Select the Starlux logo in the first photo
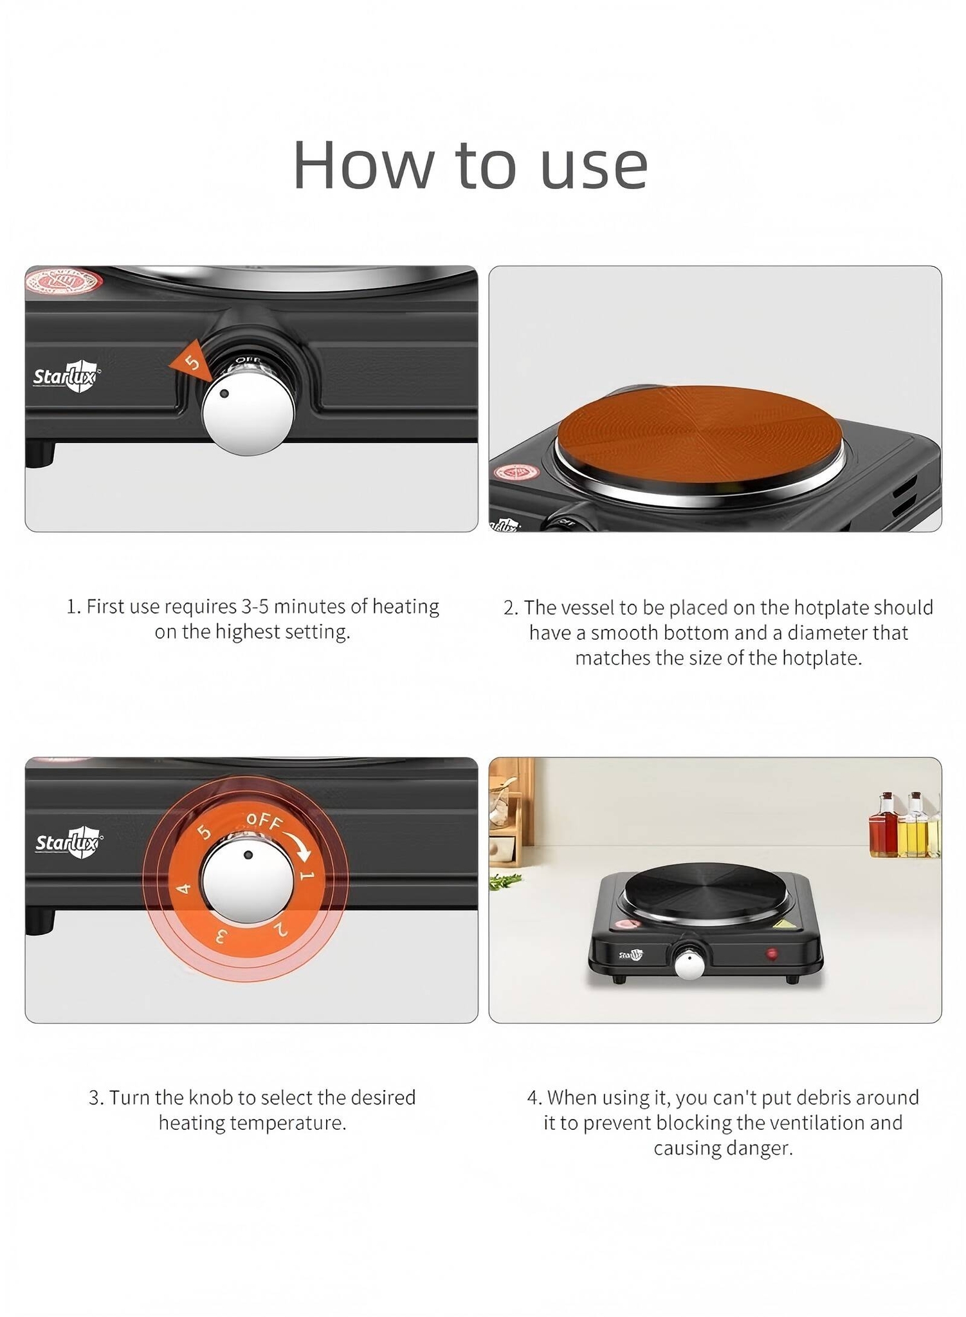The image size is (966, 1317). point(67,376)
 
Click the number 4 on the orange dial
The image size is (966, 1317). point(184,889)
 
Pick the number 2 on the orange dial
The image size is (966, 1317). point(280,929)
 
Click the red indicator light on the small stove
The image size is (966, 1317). point(771,953)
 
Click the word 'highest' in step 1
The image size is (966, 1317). point(247,632)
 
